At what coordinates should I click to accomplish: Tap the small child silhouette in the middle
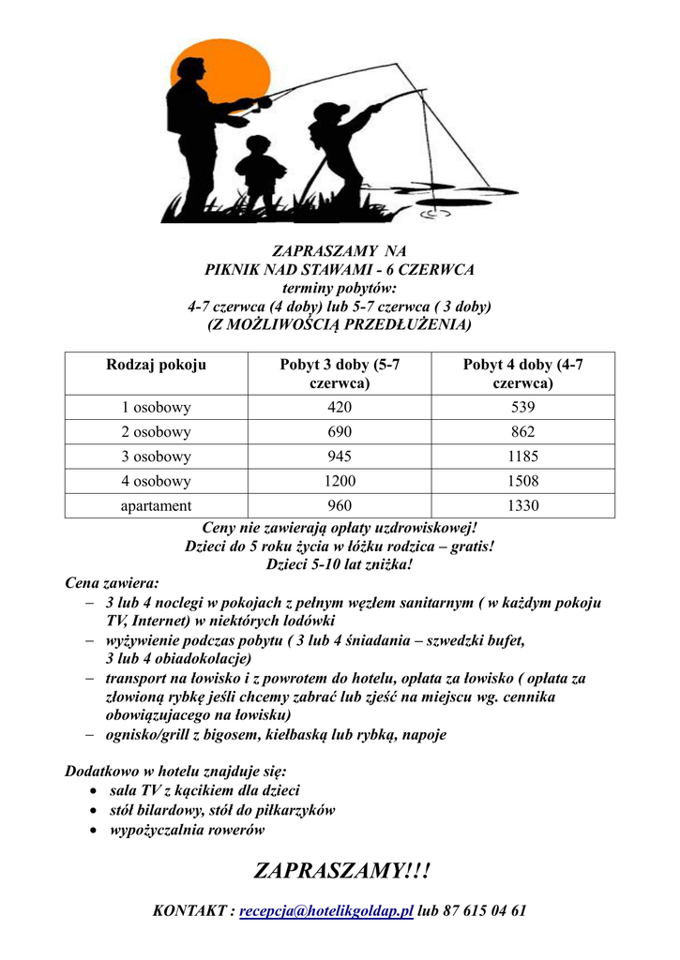[x=258, y=173]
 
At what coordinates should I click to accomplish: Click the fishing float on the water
[x=430, y=212]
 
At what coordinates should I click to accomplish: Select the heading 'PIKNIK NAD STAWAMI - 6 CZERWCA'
[x=340, y=269]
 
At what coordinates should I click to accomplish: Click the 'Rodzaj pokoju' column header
[x=157, y=365]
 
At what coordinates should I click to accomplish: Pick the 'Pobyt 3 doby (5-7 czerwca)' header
[x=340, y=373]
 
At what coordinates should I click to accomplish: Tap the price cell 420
[x=340, y=408]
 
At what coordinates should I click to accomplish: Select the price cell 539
[x=522, y=408]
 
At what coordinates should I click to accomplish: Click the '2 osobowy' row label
[x=157, y=432]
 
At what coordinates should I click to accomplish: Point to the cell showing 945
[x=340, y=457]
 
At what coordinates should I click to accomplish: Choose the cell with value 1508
[x=522, y=481]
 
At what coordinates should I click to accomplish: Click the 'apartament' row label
[x=157, y=506]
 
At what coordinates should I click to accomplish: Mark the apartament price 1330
[x=522, y=506]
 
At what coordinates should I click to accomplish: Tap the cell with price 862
[x=522, y=432]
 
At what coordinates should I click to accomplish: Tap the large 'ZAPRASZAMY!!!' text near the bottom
[x=340, y=871]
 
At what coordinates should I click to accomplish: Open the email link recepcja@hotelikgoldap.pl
[x=326, y=911]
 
